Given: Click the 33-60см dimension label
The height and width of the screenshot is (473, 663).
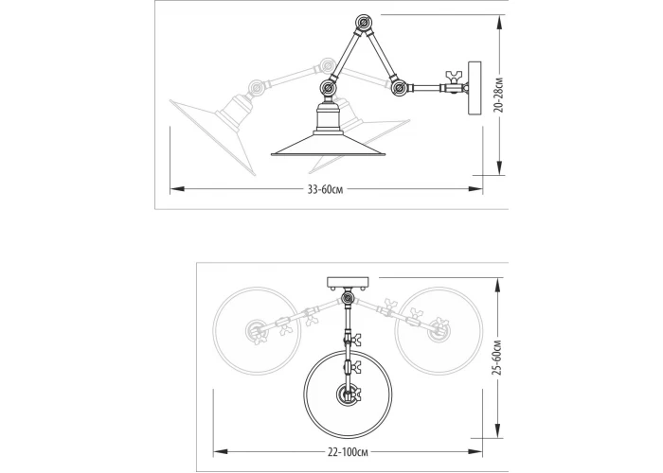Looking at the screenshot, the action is (x=325, y=189).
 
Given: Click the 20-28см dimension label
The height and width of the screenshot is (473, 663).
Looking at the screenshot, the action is (x=499, y=95).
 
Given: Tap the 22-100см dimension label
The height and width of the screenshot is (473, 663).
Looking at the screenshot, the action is (x=348, y=452).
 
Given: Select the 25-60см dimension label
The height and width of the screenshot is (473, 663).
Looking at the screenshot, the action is (x=498, y=358).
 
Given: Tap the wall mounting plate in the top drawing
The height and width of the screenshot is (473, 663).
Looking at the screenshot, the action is (x=475, y=88).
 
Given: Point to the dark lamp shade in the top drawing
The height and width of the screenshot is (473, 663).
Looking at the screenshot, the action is (x=329, y=145).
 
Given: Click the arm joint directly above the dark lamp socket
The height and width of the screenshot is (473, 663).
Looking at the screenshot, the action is (x=328, y=88).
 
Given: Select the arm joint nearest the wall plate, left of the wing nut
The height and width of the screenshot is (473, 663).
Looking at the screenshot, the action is (x=399, y=88).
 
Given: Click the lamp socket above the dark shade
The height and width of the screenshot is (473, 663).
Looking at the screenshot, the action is (x=328, y=118).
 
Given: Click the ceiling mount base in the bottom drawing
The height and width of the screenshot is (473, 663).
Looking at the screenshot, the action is (x=348, y=283).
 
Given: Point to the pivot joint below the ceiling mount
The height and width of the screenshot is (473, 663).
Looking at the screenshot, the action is (x=348, y=299).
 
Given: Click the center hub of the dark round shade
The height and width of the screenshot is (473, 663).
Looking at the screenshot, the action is (x=348, y=394).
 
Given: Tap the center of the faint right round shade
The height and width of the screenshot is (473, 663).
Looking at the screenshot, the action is (x=439, y=331).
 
